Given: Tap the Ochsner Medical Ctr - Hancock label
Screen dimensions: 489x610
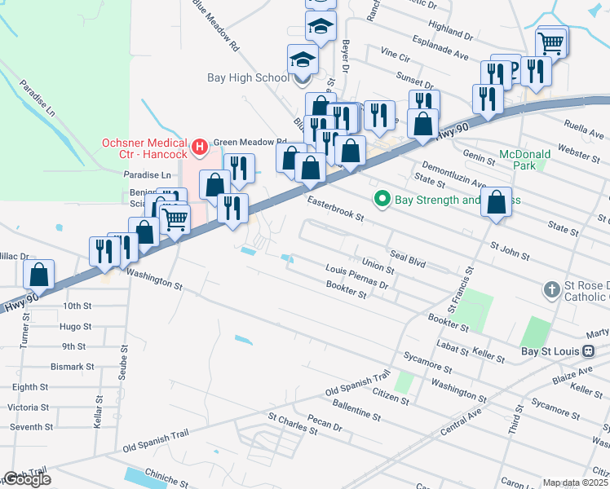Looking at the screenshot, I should coord(145,148).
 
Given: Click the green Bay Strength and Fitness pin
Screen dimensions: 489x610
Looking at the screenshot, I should coord(381,199).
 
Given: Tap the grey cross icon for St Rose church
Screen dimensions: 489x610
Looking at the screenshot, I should coord(551,289).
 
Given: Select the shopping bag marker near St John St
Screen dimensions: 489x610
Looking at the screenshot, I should coord(496,203).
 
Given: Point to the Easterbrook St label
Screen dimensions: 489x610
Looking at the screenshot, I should coord(334,208).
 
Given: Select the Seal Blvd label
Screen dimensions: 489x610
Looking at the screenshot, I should coord(409,258).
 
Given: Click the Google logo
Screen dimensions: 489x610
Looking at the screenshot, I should coord(27,479).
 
